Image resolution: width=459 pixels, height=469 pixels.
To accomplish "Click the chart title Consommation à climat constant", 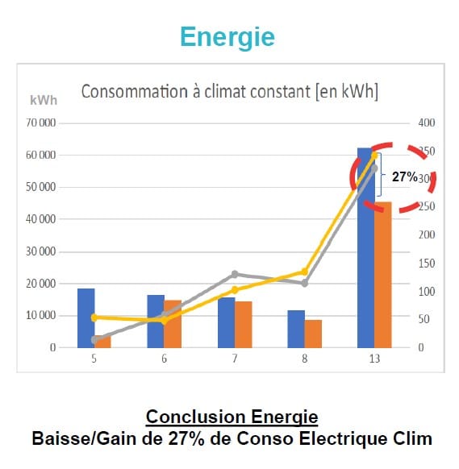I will pyautogui.click(x=230, y=91).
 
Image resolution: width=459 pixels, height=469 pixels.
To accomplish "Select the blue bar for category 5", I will pyautogui.click(x=86, y=318).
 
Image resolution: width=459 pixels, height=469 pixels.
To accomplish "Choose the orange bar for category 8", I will pyautogui.click(x=313, y=334).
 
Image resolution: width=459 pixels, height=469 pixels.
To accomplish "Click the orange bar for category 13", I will pyautogui.click(x=382, y=274).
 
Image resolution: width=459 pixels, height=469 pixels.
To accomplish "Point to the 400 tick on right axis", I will pyautogui.click(x=426, y=123).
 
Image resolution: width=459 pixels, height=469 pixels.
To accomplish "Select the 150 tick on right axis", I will pyautogui.click(x=426, y=264).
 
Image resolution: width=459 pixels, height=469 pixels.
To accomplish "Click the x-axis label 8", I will pyautogui.click(x=305, y=359).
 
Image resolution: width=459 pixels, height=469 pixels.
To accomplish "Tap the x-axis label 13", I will pyautogui.click(x=374, y=359).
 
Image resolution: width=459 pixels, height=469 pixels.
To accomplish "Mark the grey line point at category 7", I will pyautogui.click(x=235, y=274).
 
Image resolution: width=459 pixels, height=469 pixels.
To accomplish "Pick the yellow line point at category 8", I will pyautogui.click(x=305, y=272).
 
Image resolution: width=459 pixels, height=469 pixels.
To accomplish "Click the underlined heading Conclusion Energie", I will pyautogui.click(x=232, y=417).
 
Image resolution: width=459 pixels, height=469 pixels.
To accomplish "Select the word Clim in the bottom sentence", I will pyautogui.click(x=412, y=439).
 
